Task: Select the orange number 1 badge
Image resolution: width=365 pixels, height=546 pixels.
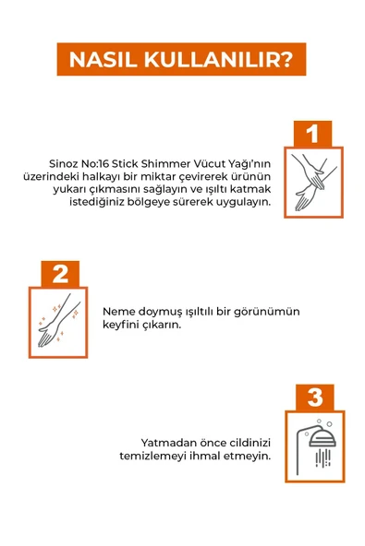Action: [x=312, y=134]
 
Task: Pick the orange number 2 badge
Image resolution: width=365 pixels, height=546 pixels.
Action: [x=60, y=274]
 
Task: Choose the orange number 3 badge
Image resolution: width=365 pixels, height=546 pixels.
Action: [x=314, y=398]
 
